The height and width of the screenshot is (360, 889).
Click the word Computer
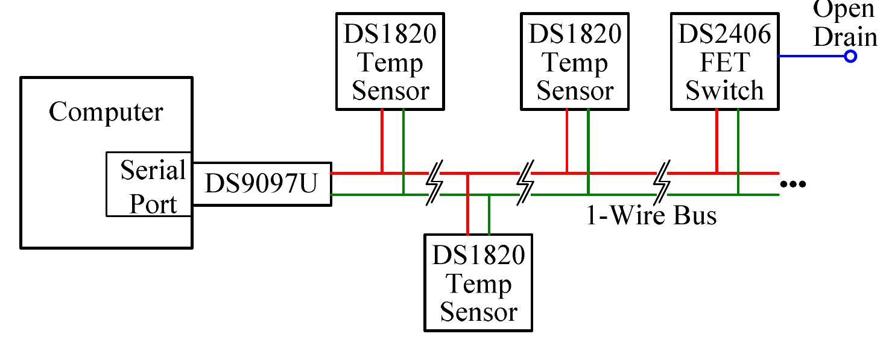point(106,112)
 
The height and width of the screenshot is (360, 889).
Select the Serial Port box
point(149,184)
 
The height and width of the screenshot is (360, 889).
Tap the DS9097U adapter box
point(261,184)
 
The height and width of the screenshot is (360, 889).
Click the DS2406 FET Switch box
point(724,62)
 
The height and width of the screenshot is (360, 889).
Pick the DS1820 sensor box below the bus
point(478,283)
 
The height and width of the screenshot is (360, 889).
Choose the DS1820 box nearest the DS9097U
point(390,62)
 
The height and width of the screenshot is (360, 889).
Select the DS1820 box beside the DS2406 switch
point(574,62)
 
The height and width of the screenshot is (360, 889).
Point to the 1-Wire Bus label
point(651,215)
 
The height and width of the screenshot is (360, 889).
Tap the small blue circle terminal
point(850,57)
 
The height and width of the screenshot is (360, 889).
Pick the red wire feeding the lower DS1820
point(468,205)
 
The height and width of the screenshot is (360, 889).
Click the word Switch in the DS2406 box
point(724,90)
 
